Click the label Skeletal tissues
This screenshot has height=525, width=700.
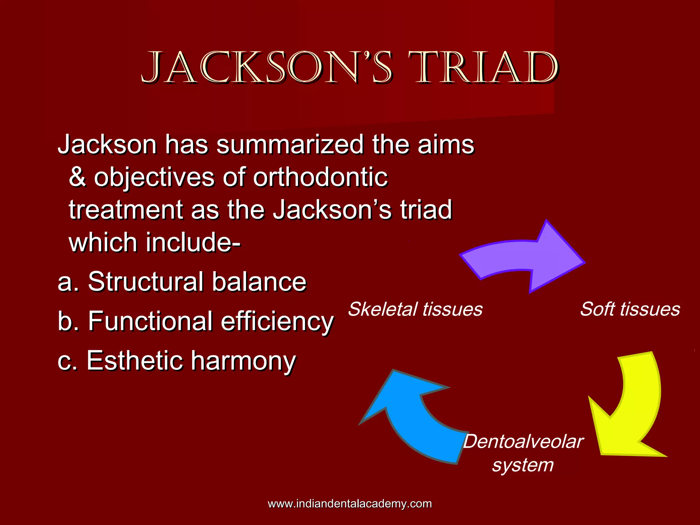(x=415, y=309)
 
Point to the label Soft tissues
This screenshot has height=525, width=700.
(x=630, y=309)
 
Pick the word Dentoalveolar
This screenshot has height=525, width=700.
(x=523, y=442)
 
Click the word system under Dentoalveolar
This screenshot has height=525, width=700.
(x=523, y=465)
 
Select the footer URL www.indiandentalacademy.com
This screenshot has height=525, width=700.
(x=350, y=504)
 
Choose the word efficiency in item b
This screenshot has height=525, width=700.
(x=277, y=321)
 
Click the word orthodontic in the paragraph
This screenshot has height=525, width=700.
(x=320, y=178)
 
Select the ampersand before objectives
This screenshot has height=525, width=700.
(x=77, y=178)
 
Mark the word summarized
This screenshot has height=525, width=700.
(x=290, y=145)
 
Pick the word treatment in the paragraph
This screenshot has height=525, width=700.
(x=126, y=210)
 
